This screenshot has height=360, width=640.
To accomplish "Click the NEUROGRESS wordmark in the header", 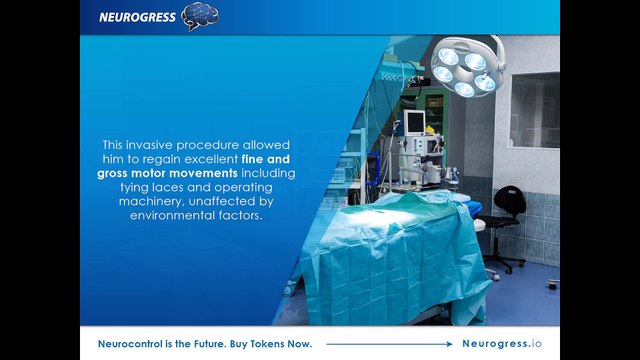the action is (x=137, y=17).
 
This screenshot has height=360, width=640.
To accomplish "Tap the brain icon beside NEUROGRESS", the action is (x=200, y=16).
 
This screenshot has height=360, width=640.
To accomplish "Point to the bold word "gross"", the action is (x=112, y=174).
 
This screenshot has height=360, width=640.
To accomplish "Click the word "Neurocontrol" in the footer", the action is (x=130, y=344).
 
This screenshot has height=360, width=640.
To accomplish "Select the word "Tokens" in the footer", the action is (x=266, y=344).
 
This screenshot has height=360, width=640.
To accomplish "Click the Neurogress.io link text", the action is (x=502, y=344).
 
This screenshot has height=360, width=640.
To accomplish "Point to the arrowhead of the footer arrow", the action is (x=449, y=344).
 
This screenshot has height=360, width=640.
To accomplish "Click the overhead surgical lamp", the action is (x=468, y=65).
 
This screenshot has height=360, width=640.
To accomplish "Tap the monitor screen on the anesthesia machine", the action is (x=415, y=122).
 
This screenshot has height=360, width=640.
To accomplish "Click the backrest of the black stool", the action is (x=510, y=200).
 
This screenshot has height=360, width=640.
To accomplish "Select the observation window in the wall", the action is (x=535, y=110).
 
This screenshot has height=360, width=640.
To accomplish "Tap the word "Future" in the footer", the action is (x=209, y=344).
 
